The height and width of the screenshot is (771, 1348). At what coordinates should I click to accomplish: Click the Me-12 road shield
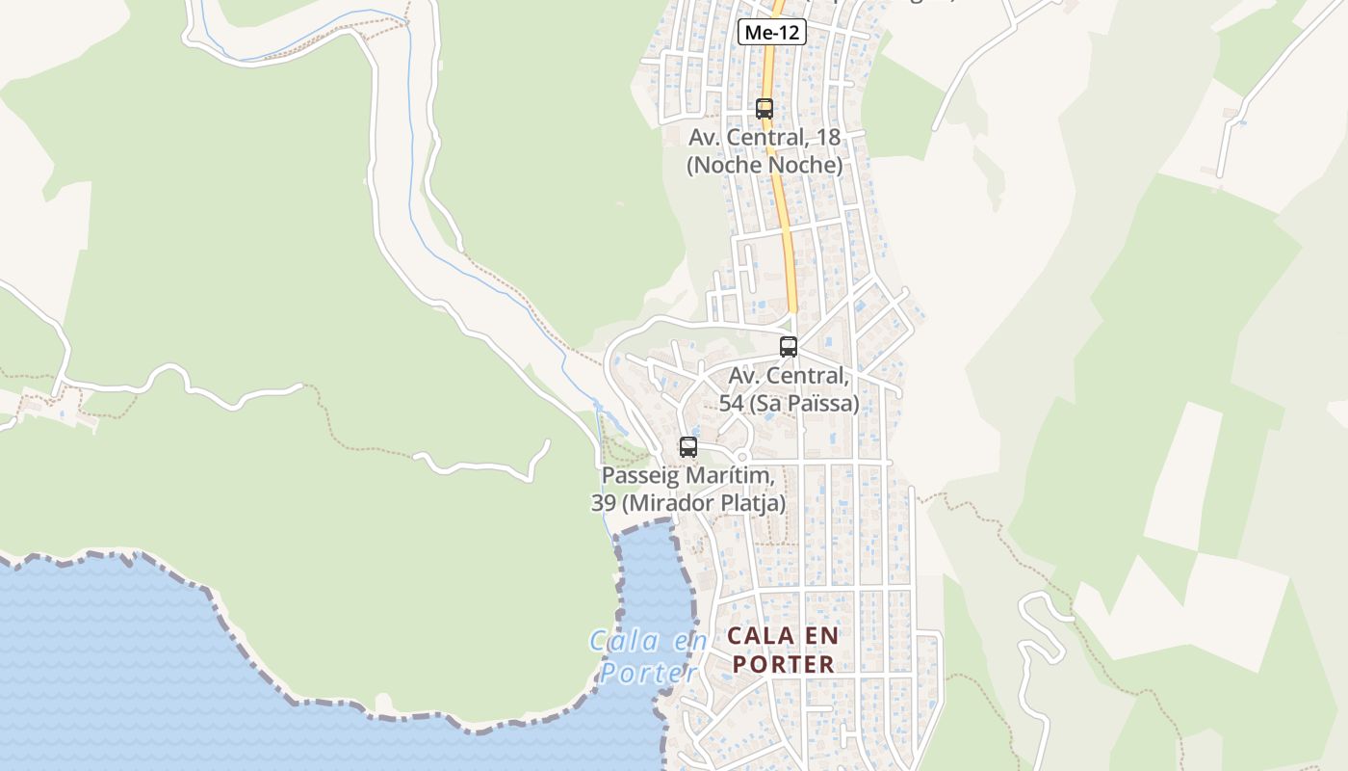tap(771, 32)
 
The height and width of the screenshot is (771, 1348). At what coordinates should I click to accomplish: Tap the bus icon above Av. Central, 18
tap(765, 109)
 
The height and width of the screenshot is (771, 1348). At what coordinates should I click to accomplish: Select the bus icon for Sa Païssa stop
tap(789, 347)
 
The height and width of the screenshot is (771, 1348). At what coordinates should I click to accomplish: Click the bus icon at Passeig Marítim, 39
tap(687, 447)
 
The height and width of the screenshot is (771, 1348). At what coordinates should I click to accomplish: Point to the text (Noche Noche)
tap(765, 165)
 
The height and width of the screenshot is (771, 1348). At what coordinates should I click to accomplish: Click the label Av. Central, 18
tap(765, 138)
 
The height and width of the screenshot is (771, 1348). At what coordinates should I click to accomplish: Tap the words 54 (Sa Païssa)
tap(789, 403)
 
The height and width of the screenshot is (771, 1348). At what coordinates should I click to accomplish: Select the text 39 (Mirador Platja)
tap(687, 503)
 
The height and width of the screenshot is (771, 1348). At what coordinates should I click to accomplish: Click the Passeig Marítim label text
tap(687, 476)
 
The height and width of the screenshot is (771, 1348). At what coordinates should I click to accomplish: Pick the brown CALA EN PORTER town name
tap(783, 651)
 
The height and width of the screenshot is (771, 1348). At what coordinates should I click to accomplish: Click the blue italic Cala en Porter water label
tap(649, 656)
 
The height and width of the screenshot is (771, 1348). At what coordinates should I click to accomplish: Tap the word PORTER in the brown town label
tap(783, 665)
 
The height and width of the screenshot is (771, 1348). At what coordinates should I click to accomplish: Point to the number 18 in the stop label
tap(828, 138)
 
